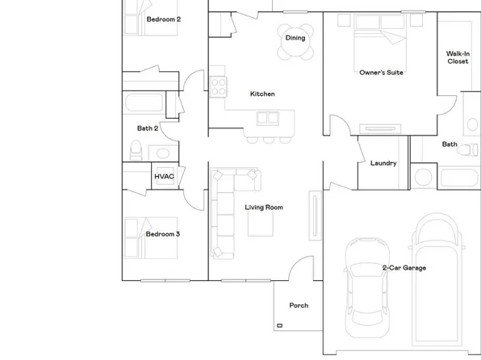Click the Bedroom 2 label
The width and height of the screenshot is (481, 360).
163,19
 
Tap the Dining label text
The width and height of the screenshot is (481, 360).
295,37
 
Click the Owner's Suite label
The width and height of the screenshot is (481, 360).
381,73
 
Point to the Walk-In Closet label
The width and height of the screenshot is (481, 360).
458,58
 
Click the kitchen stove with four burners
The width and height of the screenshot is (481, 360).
217,86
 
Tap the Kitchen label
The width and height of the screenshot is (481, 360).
262,94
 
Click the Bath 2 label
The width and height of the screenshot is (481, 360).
147,128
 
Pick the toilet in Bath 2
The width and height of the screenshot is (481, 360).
136,150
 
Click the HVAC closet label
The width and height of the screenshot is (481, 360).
164,177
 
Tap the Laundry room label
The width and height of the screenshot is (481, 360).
383,163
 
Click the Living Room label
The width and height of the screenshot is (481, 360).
264,207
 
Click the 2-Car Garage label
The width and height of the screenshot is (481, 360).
404,268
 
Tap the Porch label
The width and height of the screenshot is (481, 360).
299,306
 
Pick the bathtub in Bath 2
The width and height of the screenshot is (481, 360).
145,103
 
